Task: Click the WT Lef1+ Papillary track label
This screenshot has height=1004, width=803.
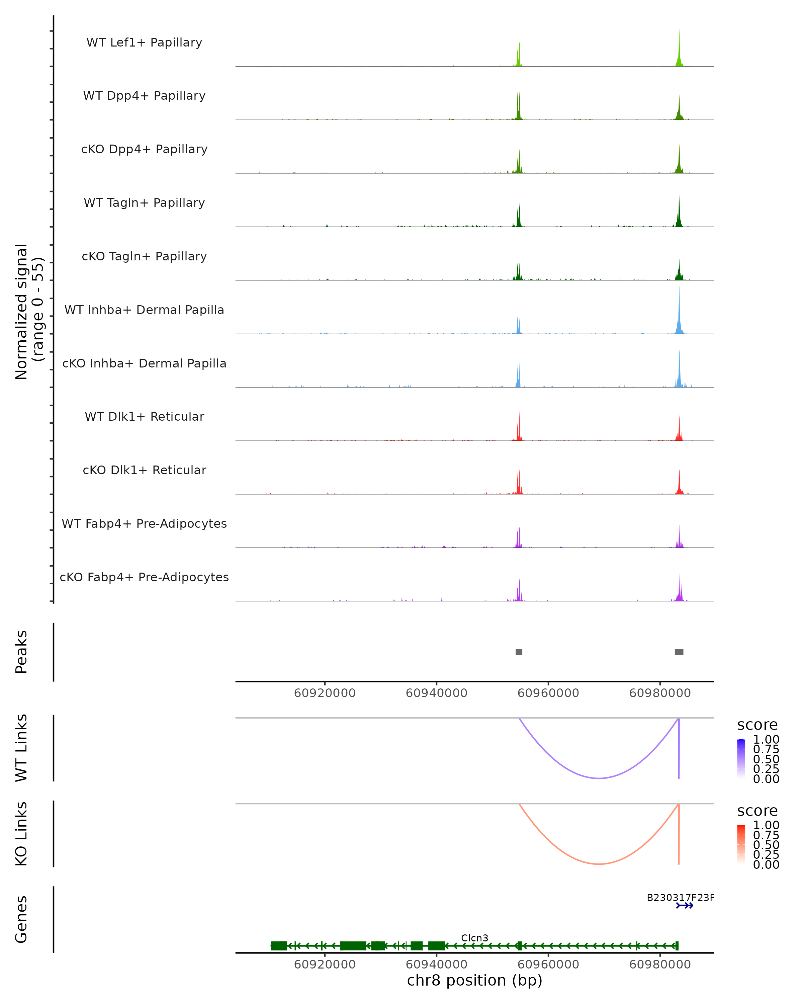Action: (x=144, y=43)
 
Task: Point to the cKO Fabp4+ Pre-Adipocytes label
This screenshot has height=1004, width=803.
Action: (x=144, y=577)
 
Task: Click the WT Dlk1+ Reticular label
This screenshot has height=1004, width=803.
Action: (x=144, y=416)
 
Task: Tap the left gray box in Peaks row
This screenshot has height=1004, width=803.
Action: (x=519, y=652)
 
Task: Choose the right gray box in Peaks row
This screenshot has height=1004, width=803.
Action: (x=679, y=652)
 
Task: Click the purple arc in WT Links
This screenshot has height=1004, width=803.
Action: (x=599, y=778)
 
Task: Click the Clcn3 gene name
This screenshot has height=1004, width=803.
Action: (x=475, y=938)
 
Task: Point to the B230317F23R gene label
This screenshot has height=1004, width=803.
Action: (x=680, y=897)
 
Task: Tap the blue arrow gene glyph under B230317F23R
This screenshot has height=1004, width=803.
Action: (x=685, y=906)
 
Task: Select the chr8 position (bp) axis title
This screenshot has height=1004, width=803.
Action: (x=475, y=980)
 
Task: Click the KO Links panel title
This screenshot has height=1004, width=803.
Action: (x=21, y=834)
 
